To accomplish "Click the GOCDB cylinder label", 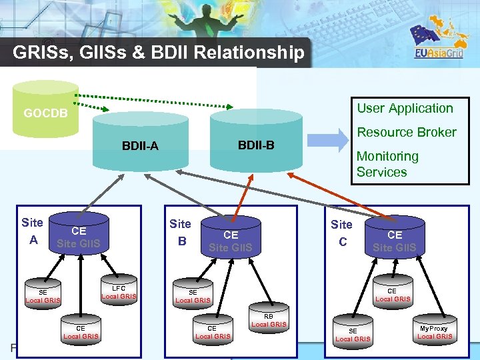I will (x=45, y=113).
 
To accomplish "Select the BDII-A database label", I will (x=140, y=146).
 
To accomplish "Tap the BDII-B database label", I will (x=256, y=145).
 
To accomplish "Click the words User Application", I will (x=405, y=108).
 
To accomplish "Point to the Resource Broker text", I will (x=407, y=132).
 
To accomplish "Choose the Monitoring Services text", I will (x=387, y=164).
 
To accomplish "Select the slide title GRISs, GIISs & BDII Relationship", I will (x=159, y=53).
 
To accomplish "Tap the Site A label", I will (x=32, y=231).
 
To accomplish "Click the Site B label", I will (x=180, y=232).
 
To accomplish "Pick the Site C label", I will (x=341, y=233).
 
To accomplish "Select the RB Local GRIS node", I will (x=269, y=320).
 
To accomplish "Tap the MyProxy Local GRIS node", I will (x=434, y=332).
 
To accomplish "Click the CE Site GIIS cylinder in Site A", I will (x=79, y=237).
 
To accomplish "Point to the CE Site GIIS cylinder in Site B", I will (x=231, y=241).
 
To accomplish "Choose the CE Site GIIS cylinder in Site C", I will (x=394, y=241).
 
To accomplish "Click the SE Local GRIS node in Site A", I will (x=43, y=296).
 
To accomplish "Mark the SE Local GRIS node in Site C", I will (x=353, y=335).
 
